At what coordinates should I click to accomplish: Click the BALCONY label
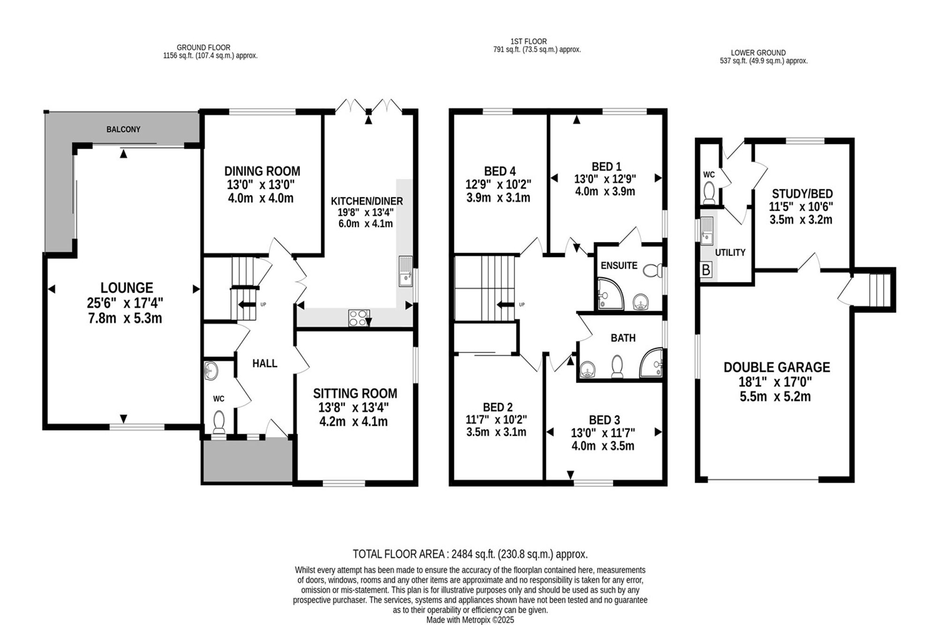coord(123,129)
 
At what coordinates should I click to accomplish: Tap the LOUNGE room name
coord(127,288)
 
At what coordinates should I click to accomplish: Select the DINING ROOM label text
coord(262,171)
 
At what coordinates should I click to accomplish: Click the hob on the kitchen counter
coord(359,318)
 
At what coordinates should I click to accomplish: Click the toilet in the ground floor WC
coord(219,422)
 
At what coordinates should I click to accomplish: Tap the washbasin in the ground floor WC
coord(212,371)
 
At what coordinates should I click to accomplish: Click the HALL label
coord(265,363)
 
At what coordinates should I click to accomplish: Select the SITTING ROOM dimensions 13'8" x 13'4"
coord(355,407)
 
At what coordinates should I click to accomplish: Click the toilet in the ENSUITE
coord(652,271)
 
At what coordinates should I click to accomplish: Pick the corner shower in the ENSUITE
coord(611,294)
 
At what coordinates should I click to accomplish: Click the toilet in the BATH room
coord(617,366)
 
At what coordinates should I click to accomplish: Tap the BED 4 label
coord(499,171)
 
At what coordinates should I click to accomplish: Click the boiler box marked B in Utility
coord(706,270)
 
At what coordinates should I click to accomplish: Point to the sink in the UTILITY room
coord(707,231)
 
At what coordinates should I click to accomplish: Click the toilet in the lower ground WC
coord(709,193)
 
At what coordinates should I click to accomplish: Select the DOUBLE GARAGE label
coord(777,367)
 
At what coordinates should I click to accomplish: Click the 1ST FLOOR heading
coord(529,41)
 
